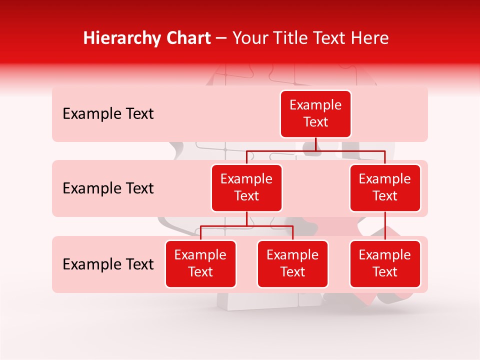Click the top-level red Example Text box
click(315, 114)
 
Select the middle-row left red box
click(246, 188)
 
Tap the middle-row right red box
click(385, 188)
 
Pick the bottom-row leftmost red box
click(200, 264)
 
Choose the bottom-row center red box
click(292, 264)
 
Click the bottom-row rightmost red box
click(385, 264)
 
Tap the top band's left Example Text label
click(108, 114)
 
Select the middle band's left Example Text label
click(108, 188)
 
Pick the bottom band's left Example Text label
click(108, 264)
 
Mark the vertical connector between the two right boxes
click(385, 226)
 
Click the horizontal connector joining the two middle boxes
click(315, 150)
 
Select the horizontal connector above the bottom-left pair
click(246, 226)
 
